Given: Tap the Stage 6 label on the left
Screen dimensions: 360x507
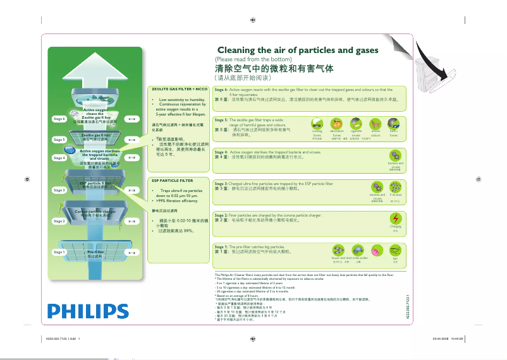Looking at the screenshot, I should [59, 119].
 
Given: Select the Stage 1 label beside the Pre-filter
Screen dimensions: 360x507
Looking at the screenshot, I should [59, 252].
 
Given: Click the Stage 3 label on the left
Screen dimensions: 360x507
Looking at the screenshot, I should [59, 189].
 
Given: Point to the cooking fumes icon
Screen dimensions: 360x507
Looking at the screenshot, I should [317, 123].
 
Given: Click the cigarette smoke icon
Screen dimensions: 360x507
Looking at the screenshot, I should [356, 123].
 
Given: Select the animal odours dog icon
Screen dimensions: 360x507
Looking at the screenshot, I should [376, 123].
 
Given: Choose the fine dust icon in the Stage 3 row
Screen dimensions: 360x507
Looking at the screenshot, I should [396, 187].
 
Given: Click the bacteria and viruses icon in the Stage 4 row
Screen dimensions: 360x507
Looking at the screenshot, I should [396, 155].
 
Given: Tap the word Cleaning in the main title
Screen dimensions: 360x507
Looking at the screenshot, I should [240, 50].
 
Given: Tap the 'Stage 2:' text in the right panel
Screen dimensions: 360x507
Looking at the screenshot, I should [222, 215].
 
